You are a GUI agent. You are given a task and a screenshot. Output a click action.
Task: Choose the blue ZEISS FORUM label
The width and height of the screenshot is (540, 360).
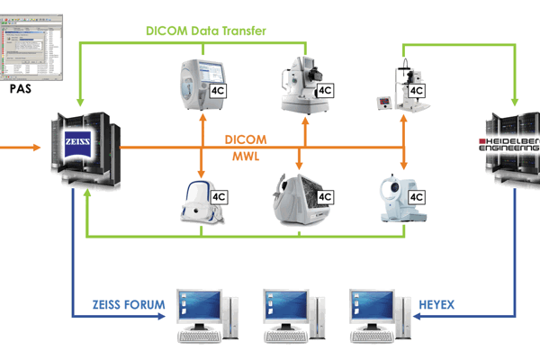[130, 306]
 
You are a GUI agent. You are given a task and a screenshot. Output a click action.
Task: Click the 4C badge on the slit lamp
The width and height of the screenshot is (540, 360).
[417, 91]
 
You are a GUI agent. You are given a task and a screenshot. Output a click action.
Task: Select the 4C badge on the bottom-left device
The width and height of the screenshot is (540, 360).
[220, 196]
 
